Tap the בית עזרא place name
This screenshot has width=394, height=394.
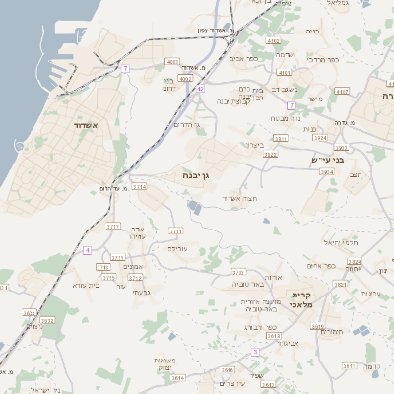point(88,285)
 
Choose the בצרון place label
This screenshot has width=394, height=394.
point(254,145)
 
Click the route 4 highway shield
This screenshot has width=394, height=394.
point(87,251)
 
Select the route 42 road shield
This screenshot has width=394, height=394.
point(200,88)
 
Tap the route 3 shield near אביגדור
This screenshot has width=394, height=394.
point(255,351)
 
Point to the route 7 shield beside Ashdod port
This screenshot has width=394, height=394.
point(125,68)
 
